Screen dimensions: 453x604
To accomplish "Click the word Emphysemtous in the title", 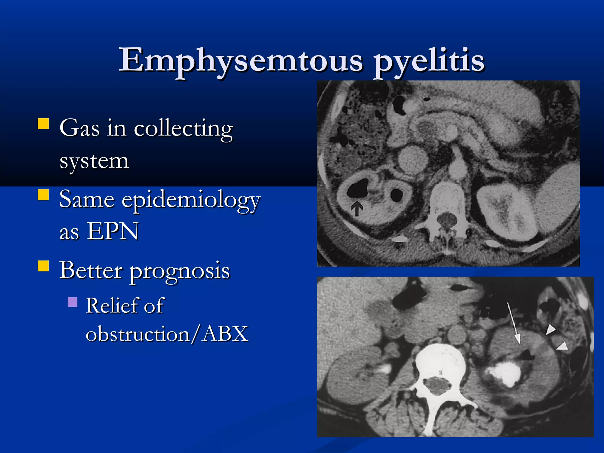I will (240, 60).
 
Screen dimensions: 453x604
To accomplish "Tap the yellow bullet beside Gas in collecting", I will (43, 124).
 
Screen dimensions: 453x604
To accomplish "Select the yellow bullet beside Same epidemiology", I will (43, 195).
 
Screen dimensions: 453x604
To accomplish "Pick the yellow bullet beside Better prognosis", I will (43, 266).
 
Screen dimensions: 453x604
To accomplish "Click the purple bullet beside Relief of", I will (73, 302).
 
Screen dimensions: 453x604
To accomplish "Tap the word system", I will (94, 161).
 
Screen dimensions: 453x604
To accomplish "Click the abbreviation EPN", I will (113, 231).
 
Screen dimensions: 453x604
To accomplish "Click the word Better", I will (91, 270).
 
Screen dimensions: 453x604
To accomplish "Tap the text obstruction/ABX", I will (167, 334).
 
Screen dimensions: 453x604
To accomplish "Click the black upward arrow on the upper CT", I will (357, 208).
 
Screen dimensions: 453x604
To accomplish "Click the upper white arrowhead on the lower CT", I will (550, 329).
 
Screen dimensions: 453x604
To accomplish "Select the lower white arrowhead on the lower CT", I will (563, 346).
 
